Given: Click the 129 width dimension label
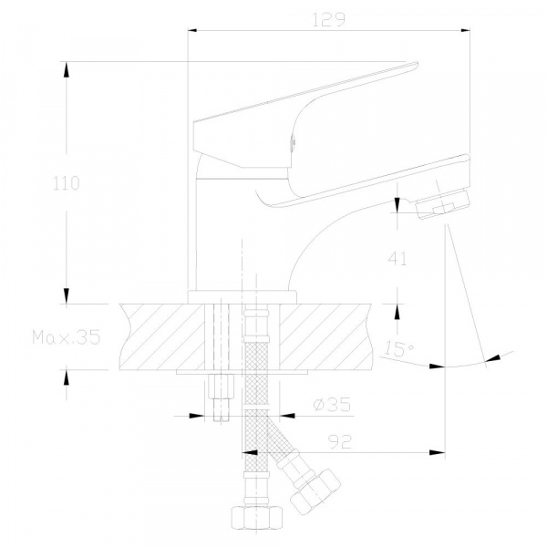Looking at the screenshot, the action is tap(328, 19).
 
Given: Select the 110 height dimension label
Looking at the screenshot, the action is tap(67, 183).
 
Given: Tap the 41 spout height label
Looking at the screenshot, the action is tap(397, 259).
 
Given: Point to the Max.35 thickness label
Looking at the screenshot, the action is tap(67, 337).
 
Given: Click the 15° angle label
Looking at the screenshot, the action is tap(398, 348).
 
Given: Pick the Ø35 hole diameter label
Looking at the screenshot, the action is tap(332, 405).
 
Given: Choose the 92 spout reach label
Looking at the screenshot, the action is tap(340, 442).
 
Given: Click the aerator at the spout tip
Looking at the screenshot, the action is tap(442, 203).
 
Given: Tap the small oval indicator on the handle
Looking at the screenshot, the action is tap(293, 143).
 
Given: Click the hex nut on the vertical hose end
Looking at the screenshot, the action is tap(257, 518).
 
